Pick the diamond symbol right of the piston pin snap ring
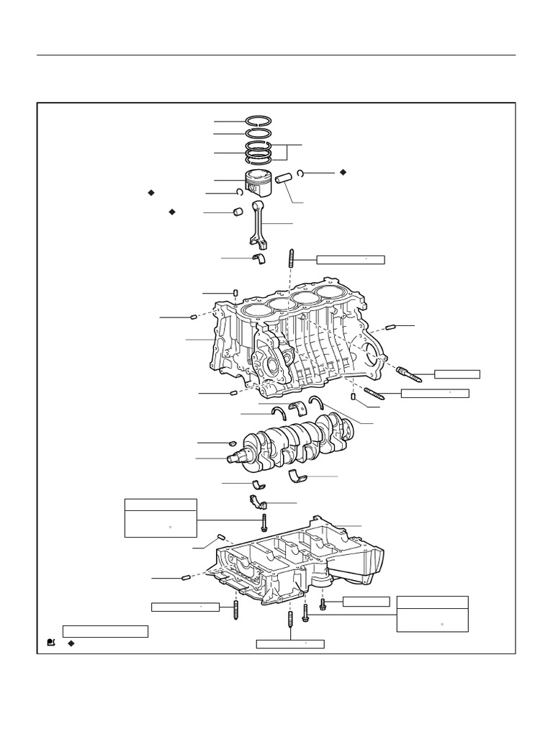(x=343, y=173)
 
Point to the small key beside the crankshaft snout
(x=233, y=443)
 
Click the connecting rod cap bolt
(x=264, y=520)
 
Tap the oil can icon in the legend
(x=51, y=642)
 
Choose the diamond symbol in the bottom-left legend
(x=71, y=642)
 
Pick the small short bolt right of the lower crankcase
(x=323, y=602)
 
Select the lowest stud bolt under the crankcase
(x=289, y=620)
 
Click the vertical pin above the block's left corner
(x=235, y=291)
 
